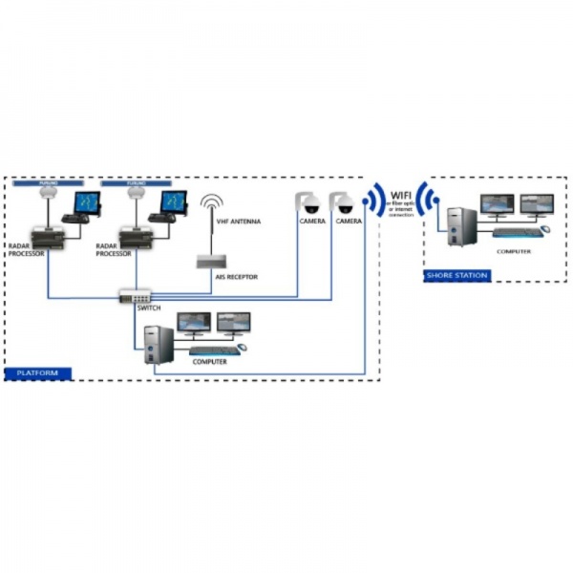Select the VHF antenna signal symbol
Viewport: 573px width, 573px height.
tap(210, 207)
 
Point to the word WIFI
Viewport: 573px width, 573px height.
tap(400, 195)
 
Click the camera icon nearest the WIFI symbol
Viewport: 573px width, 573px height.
tap(343, 202)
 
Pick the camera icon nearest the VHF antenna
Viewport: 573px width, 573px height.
tap(308, 202)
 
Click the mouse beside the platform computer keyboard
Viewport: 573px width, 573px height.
tap(242, 347)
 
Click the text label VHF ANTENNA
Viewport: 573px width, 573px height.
tap(240, 222)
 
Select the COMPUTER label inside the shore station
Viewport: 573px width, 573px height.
tap(515, 251)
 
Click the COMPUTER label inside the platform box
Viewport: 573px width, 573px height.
tap(211, 361)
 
